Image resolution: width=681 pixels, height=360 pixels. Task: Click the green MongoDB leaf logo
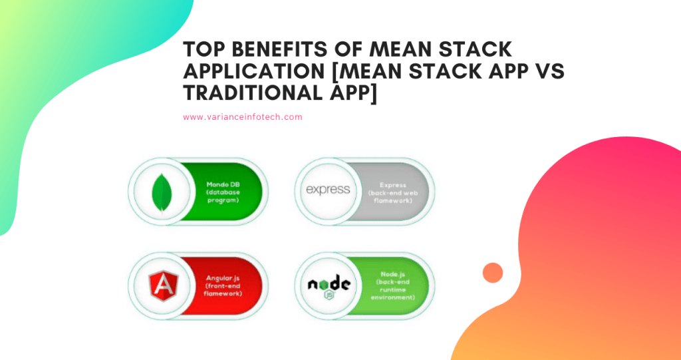coord(159,191)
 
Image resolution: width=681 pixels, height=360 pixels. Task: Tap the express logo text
coord(327,190)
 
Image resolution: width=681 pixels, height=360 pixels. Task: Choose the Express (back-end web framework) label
coord(392,191)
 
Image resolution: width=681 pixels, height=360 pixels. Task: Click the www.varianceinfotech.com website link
coord(243,117)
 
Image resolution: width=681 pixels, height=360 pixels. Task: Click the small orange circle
coord(492,273)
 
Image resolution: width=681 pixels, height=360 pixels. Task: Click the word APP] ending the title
coord(348,95)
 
